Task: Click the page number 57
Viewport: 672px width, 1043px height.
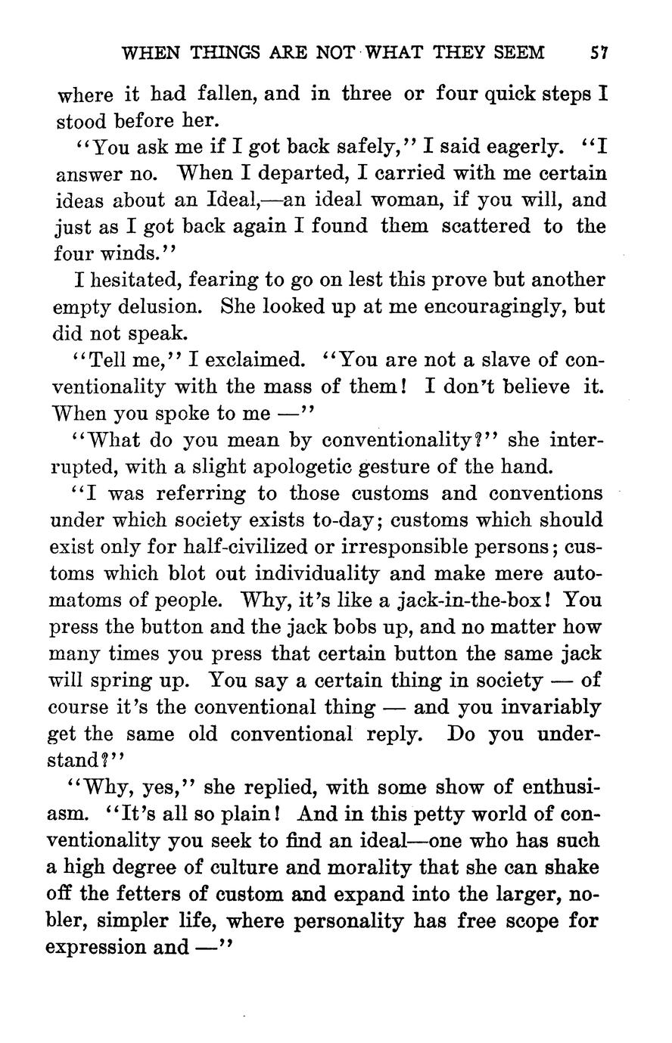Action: tap(601, 52)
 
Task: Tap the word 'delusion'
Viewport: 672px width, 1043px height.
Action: tap(164, 307)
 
